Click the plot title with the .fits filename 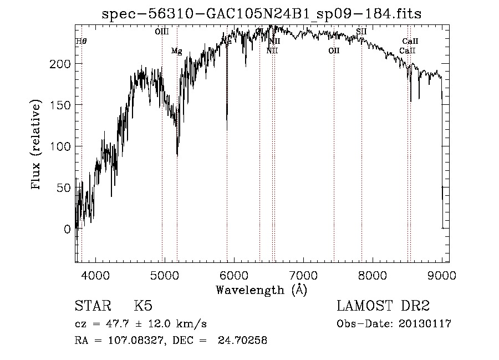pos(262,14)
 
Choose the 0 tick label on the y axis pos(67,229)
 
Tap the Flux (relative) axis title pos(37,146)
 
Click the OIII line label pos(161,32)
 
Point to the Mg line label pos(176,51)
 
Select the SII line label pos(361,32)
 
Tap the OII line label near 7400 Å pos(334,51)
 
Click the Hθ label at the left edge pos(82,41)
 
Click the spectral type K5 pos(143,307)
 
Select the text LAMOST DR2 pos(383,307)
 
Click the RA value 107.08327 pos(128,341)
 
